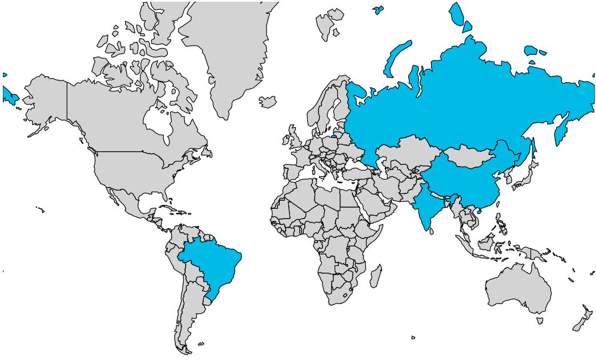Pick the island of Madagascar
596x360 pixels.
(376, 276)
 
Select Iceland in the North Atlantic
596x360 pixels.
(267, 102)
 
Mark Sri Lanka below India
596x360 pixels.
(432, 232)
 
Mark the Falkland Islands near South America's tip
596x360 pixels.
(201, 343)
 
